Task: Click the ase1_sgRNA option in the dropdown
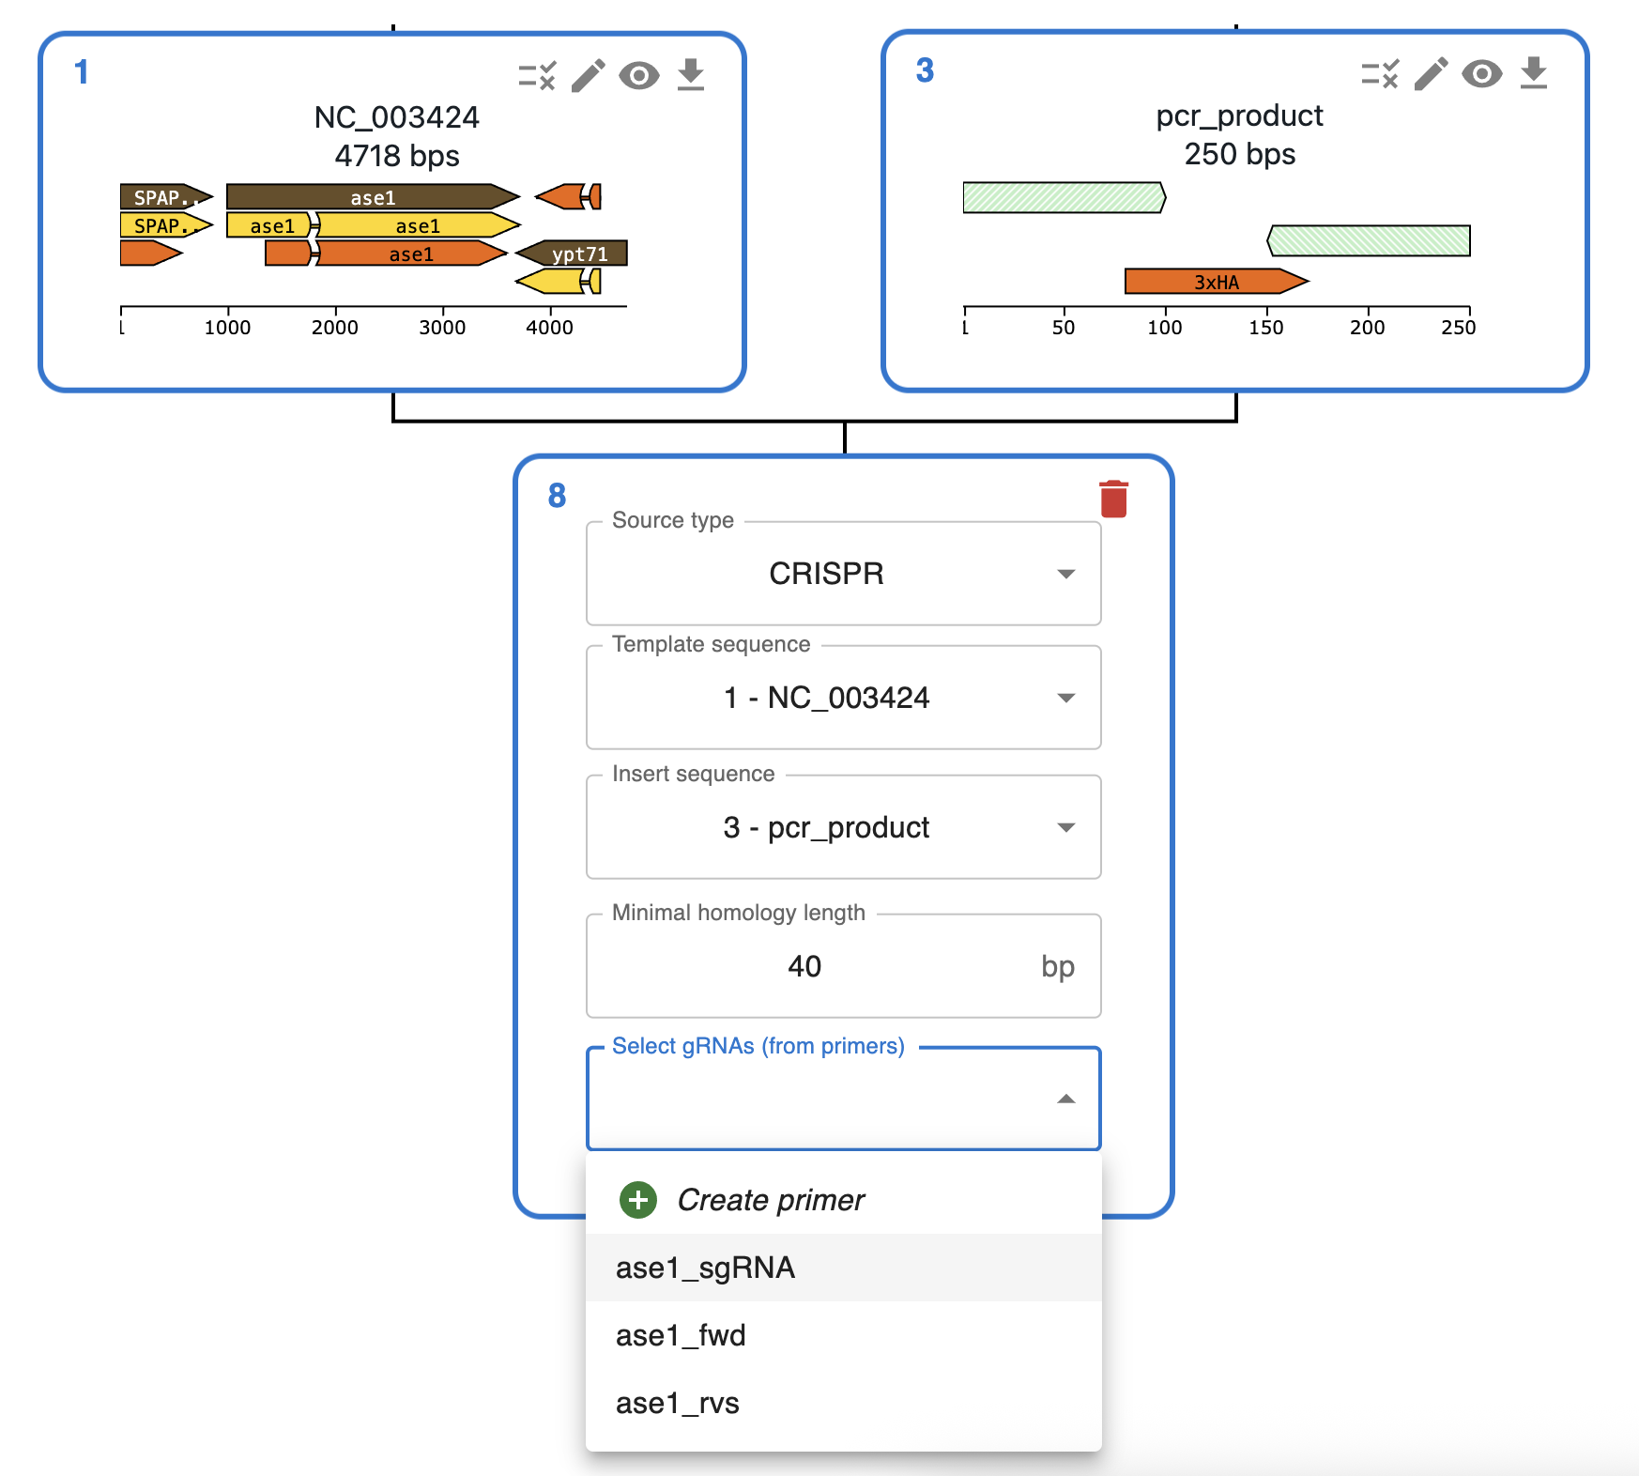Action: [705, 1268]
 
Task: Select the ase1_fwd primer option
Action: [681, 1335]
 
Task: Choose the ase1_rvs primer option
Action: [677, 1403]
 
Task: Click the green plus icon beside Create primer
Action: [638, 1200]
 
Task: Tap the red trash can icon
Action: [1113, 499]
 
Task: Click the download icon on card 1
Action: [691, 75]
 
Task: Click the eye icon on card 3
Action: [1481, 73]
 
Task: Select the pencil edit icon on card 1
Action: [589, 75]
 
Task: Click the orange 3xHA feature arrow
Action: [1216, 281]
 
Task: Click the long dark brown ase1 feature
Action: [373, 197]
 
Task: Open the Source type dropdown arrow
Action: [1065, 574]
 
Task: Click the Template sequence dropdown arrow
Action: [1065, 698]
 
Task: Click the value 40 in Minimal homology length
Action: [804, 966]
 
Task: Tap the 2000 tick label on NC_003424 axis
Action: [335, 328]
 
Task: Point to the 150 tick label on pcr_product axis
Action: [1266, 328]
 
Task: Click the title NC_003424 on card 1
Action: [396, 117]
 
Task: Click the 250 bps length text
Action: [1239, 154]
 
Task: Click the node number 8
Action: [557, 495]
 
